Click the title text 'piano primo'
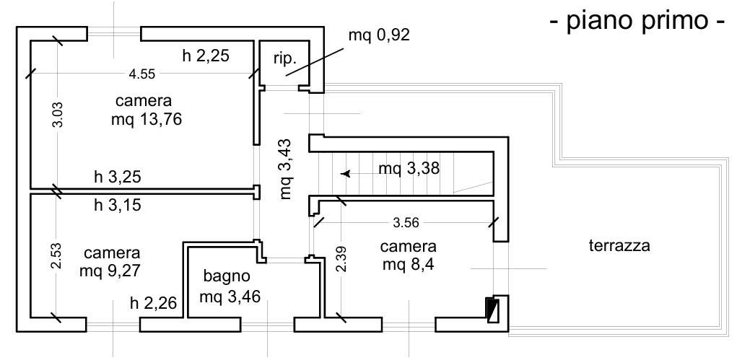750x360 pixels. click(637, 21)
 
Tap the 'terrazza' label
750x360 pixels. click(619, 246)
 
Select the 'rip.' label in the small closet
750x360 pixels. click(285, 59)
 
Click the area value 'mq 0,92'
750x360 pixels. click(379, 35)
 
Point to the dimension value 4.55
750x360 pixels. click(142, 74)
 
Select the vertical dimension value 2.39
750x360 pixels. click(341, 259)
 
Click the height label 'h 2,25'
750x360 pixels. click(206, 56)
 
